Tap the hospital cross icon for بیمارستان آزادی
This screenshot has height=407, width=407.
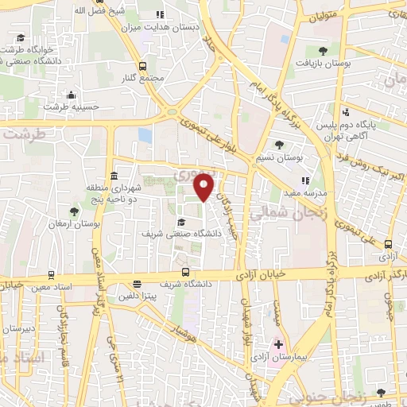[x=279, y=344]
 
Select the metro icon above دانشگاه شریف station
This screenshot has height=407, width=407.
[x=184, y=271]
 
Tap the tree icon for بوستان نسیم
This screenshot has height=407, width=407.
[x=279, y=144]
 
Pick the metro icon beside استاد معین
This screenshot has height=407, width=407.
[x=52, y=273]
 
